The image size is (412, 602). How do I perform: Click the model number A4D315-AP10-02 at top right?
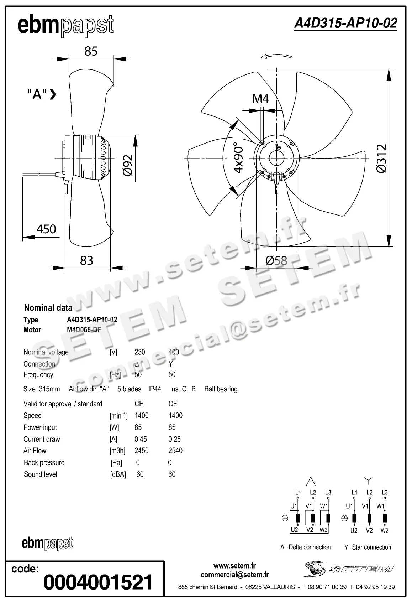345,23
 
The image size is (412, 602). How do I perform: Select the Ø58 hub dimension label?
276,260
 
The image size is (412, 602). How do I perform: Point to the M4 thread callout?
260,98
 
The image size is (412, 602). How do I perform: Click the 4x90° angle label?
239,158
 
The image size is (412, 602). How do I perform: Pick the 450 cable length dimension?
46,229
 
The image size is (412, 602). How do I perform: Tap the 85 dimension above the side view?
91,51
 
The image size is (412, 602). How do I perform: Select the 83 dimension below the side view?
86,260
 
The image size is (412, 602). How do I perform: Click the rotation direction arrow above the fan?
276,56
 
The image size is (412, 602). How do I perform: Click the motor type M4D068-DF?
84,330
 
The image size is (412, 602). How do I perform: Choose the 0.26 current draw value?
174,439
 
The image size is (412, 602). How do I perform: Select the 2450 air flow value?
141,451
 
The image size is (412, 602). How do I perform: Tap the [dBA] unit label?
118,474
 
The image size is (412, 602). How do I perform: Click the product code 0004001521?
98,582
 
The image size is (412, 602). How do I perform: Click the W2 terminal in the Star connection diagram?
384,531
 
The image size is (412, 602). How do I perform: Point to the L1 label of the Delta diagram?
298,493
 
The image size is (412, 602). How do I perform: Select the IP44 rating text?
155,389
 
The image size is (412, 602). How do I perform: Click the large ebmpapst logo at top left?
66,26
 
